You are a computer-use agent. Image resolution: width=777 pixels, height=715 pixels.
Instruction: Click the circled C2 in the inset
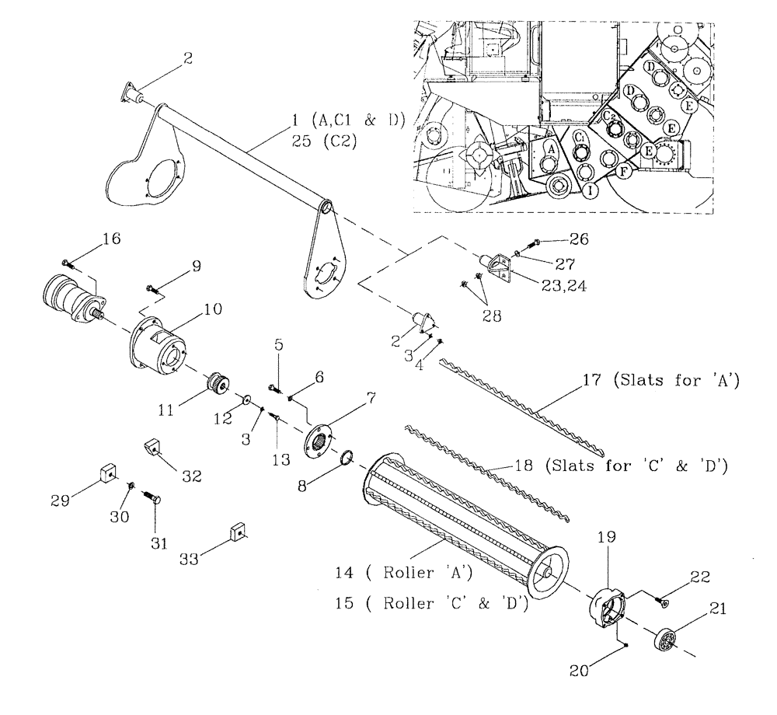pyautogui.click(x=610, y=117)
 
